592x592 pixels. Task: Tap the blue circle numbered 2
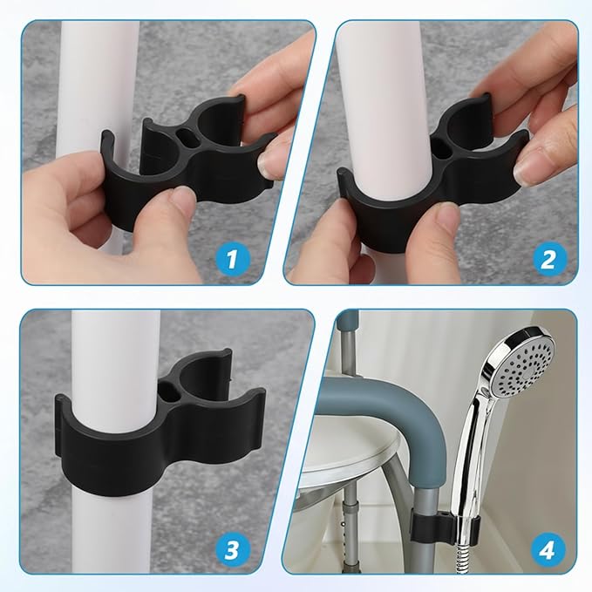[x=548, y=258]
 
